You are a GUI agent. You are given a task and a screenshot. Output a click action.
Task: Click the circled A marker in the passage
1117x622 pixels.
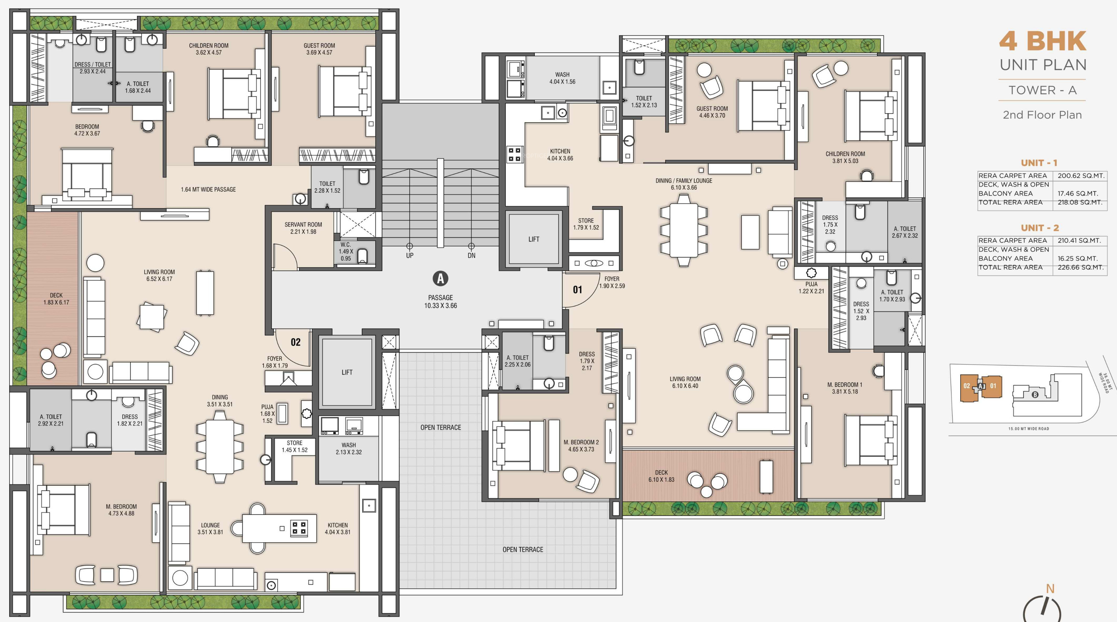coord(441,278)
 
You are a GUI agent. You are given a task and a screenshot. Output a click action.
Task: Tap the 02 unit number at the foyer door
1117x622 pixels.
coord(296,342)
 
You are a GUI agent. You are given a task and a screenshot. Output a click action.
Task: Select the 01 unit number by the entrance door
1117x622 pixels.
coord(578,290)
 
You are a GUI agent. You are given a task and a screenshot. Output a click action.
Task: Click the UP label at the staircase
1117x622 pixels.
coord(410,255)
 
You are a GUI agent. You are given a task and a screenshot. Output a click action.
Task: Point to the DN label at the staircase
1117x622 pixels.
coord(471,255)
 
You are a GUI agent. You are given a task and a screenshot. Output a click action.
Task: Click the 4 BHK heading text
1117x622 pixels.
coord(1043,41)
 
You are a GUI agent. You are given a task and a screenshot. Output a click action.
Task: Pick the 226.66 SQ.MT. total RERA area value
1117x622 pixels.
coord(1080,267)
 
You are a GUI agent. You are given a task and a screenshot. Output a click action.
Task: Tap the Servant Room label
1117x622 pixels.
coord(303,225)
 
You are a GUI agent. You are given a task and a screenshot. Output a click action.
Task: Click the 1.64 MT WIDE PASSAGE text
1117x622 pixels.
coord(208,189)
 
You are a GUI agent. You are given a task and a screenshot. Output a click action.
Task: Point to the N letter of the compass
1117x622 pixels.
coord(1050,589)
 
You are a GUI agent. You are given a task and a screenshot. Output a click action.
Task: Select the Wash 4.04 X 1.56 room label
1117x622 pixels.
coord(562,78)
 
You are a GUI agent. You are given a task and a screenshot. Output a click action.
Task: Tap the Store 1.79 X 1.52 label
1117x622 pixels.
coord(586,224)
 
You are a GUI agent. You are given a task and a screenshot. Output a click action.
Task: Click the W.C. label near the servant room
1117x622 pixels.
coord(345,245)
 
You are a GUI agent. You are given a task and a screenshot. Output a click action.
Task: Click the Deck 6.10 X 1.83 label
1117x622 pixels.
coord(661,476)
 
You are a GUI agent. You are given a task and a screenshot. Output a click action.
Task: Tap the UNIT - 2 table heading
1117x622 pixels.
coord(1040,228)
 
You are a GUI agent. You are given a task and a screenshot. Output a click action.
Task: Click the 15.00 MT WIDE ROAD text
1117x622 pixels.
coord(1028,429)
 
